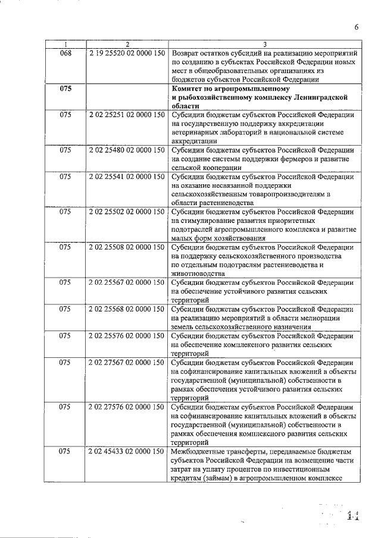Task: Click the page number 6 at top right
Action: click(x=355, y=27)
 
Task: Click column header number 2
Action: click(x=127, y=44)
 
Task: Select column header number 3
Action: click(x=264, y=44)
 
